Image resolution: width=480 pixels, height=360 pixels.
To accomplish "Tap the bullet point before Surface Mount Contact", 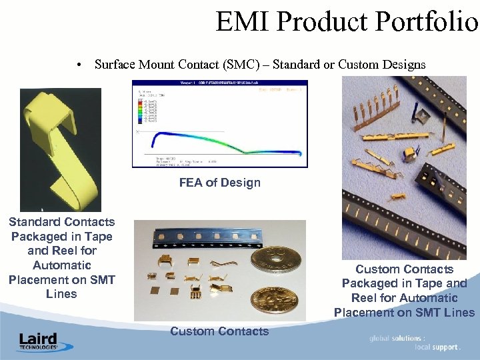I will point(79,65).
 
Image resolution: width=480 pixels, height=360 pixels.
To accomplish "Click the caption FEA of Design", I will point(219,183).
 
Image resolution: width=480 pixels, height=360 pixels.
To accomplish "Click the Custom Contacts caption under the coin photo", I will point(219,331).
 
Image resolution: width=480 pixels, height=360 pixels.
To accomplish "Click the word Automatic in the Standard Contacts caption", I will point(62,265).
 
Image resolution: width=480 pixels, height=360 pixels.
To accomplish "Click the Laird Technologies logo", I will point(38,341).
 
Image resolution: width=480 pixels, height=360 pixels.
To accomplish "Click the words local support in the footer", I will point(436,347).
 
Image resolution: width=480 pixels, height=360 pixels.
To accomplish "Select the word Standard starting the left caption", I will point(33,222).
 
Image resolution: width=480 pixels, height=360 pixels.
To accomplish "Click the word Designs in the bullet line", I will point(403,65).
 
